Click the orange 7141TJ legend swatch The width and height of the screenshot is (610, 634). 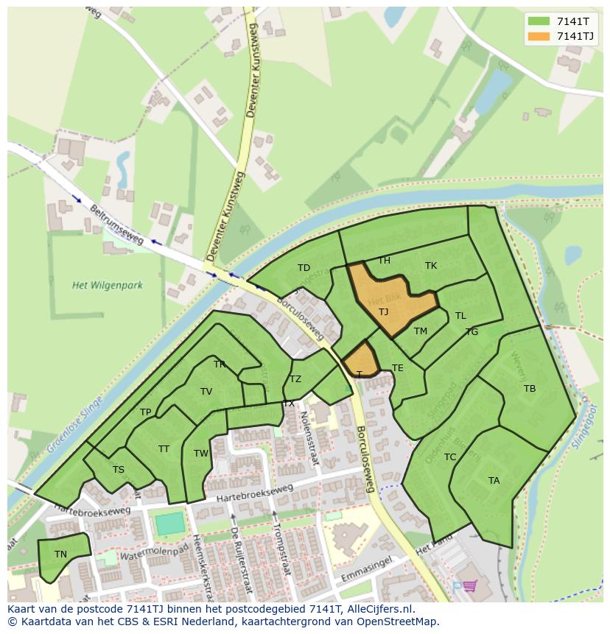pos(539,37)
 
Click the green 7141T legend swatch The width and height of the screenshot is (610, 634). pos(539,22)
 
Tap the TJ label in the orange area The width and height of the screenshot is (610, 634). pos(383,312)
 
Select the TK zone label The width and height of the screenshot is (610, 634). pos(431,266)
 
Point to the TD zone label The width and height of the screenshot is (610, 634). pos(304,268)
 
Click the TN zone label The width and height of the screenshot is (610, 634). pos(60,554)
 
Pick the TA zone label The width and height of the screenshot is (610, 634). pos(494,481)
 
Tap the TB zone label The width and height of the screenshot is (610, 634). pos(529,389)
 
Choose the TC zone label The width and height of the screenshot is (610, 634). pos(450,457)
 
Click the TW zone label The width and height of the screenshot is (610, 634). pos(201,454)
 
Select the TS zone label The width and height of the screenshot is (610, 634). pos(118,470)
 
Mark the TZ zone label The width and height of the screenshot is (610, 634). pos(295,380)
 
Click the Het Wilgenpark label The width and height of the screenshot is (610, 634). pos(108,285)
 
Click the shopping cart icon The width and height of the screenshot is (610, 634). pos(469,587)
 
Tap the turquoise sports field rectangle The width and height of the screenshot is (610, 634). pos(169,524)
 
